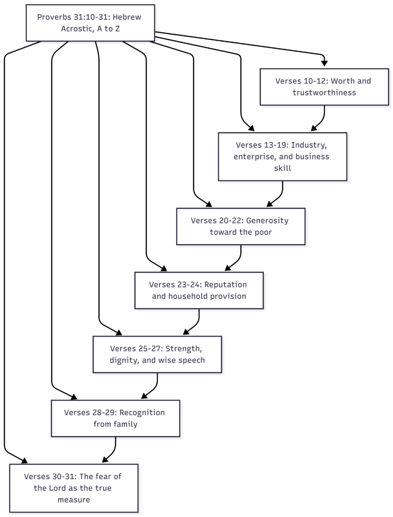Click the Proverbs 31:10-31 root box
coord(91,23)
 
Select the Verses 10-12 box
coord(324,87)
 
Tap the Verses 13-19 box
coord(282,157)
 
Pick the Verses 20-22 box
coord(241,226)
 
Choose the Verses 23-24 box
coord(199,290)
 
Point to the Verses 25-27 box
coord(157,354)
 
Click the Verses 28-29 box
coord(116,418)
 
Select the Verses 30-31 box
coord(74,488)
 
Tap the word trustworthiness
coord(324,93)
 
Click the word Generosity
coord(267,221)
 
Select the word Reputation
coord(225,284)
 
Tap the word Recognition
coord(142,413)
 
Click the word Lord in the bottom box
coord(57,488)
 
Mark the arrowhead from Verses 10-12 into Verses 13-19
coord(314,128)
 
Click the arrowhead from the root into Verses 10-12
coord(324,63)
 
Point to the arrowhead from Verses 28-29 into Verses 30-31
coord(105,459)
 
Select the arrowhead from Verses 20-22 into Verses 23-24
coord(228,268)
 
